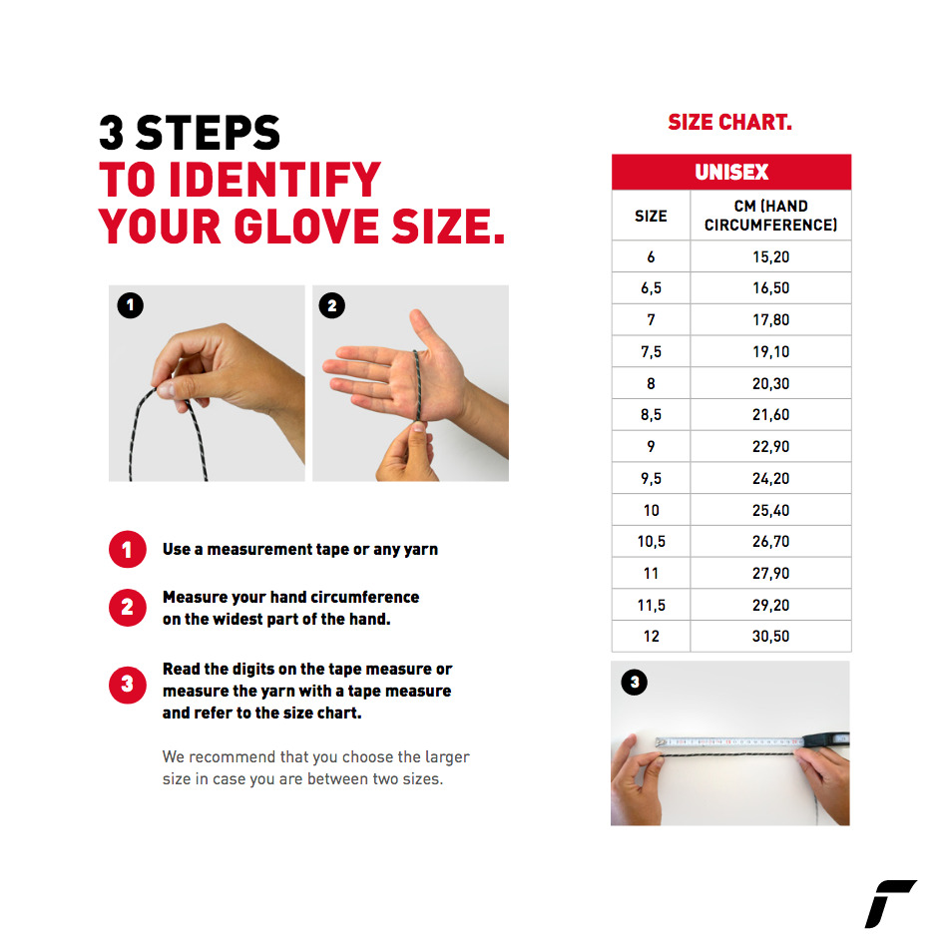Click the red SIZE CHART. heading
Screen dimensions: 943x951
pos(729,122)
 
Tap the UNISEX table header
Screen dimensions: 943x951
pos(731,173)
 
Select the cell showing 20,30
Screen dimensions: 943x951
pos(770,383)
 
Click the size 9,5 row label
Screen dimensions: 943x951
pos(651,479)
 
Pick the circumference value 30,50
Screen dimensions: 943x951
pos(770,637)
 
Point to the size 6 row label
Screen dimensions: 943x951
pos(651,257)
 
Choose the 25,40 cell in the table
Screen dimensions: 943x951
pos(770,510)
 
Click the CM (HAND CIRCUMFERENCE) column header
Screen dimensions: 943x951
pos(770,216)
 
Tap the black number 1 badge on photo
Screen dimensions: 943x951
pos(131,305)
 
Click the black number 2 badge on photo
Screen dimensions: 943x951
pos(331,305)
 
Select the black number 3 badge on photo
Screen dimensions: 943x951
pos(635,683)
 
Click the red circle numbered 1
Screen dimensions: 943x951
pos(128,550)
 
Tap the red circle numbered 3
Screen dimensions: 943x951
pos(128,685)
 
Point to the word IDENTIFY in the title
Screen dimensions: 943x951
pos(274,180)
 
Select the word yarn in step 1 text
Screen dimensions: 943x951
pos(420,550)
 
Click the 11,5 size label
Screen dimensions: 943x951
pos(651,606)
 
